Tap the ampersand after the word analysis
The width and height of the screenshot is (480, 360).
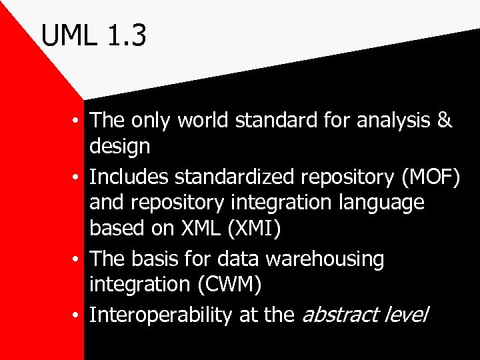tap(445, 121)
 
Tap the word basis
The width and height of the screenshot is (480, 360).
tap(157, 259)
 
